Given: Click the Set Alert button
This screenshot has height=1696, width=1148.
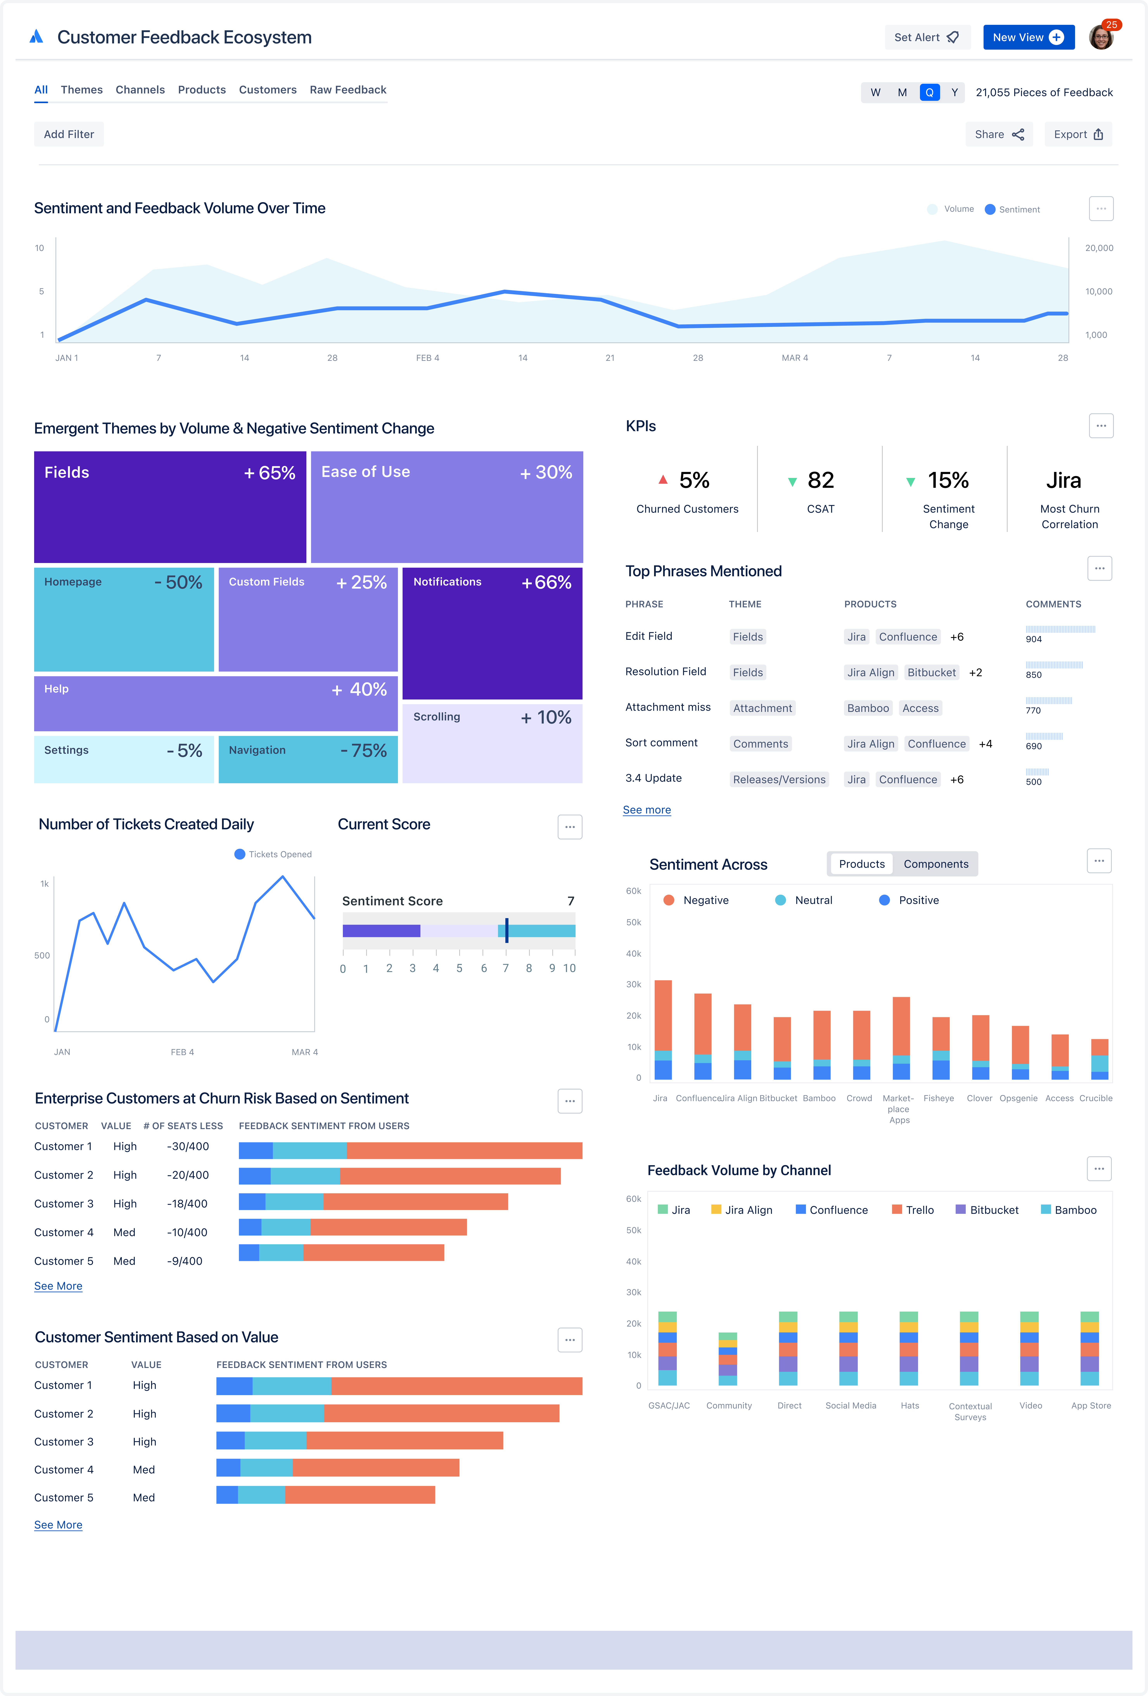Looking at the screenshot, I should coord(926,37).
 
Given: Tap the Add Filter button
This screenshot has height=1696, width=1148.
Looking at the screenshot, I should coord(69,134).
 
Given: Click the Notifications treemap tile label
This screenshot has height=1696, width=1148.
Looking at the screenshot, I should coord(447,582).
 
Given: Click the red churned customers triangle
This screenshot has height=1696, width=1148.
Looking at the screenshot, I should coord(663,479).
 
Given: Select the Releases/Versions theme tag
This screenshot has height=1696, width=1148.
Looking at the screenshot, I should coord(779,779).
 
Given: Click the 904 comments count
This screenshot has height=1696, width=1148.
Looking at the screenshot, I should coord(1033,639).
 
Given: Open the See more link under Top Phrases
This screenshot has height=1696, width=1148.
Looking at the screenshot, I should coord(647,810).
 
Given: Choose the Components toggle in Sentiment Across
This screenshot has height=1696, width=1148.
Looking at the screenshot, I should coord(936,864).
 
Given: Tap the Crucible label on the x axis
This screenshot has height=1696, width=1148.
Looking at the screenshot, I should coord(1095,1098).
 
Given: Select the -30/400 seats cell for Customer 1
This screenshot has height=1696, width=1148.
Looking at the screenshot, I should coord(188,1147).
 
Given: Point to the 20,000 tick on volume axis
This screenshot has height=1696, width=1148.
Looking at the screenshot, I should coord(1098,248).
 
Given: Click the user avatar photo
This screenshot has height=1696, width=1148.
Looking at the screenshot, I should coord(1100,37).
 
